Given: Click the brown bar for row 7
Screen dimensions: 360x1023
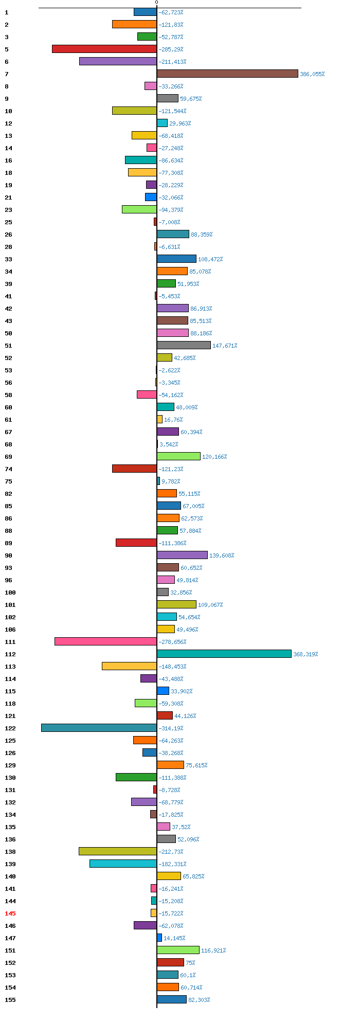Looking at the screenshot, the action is [227, 74].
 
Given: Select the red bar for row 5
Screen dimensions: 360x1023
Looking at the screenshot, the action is [104, 49].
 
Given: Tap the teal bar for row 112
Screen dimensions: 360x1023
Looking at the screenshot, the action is [224, 654].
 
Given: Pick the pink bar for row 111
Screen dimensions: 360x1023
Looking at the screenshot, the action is [105, 641].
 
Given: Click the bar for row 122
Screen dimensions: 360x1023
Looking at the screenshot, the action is [99, 728].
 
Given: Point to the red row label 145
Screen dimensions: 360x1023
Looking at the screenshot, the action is [10, 913].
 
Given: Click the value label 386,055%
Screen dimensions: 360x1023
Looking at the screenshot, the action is [312, 74].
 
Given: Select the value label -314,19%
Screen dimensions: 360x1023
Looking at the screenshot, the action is [171, 728].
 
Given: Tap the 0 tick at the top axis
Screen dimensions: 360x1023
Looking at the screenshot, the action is [157, 3].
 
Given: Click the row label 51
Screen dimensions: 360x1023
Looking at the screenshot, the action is [8, 346].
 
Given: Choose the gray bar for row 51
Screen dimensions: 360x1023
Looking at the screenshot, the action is [184, 345].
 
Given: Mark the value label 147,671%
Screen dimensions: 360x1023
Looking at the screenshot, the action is [225, 346].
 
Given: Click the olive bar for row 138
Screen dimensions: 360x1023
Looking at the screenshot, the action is [118, 851].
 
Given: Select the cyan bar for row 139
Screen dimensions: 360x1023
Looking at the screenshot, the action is [123, 864].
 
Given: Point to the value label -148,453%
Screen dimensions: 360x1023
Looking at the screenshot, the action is [173, 667].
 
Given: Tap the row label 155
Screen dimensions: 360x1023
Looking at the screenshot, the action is [10, 1000].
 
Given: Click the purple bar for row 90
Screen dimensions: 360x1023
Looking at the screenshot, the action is [182, 555].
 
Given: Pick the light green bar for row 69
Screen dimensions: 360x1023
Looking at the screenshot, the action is [178, 456].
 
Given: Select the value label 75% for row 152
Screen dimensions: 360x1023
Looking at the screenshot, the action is [190, 963].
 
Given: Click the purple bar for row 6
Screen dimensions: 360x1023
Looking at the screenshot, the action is [118, 61].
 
